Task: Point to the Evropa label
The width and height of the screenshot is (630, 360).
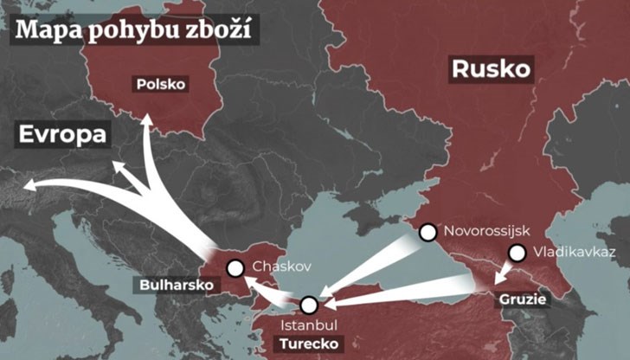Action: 64,135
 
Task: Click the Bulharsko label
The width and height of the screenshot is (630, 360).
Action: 176,284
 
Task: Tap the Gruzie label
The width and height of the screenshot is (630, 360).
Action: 521,300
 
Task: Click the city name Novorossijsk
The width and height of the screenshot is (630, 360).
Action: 485,231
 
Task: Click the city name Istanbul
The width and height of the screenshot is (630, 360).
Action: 310,325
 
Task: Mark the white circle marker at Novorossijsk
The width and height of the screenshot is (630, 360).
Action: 427,232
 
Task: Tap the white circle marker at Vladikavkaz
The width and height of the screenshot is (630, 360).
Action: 517,254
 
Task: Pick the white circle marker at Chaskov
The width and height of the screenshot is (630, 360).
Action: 235,268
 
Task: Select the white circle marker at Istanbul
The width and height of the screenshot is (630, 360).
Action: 310,304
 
